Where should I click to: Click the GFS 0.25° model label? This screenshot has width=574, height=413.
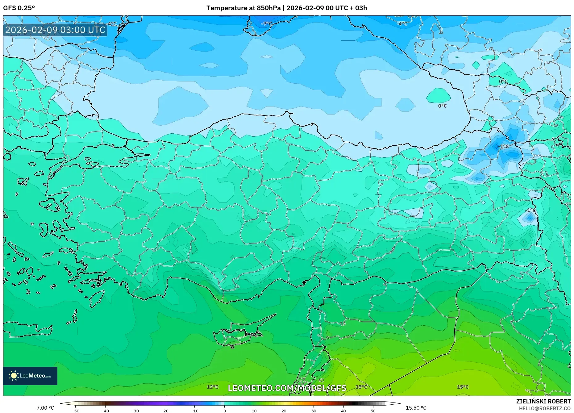click(x=19, y=8)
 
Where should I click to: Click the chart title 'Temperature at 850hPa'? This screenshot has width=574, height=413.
click(x=243, y=8)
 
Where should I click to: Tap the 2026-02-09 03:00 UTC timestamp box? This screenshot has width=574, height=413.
click(x=55, y=30)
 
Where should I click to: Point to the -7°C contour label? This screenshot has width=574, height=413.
click(x=267, y=24)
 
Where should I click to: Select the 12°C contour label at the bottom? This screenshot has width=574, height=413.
click(x=212, y=387)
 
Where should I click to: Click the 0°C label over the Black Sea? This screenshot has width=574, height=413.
click(x=442, y=106)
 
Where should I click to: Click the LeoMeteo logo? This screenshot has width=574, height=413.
click(x=30, y=376)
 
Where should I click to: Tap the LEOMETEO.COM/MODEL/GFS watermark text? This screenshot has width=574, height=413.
click(x=287, y=388)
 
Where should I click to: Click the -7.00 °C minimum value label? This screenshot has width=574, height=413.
click(x=44, y=408)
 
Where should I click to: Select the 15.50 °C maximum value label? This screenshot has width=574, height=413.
click(x=416, y=408)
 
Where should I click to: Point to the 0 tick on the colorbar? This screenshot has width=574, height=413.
click(x=224, y=411)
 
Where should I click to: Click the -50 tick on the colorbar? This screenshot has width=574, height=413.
click(x=75, y=411)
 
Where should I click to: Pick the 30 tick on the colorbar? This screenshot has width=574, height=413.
click(x=314, y=411)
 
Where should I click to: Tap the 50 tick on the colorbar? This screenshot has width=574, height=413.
click(x=373, y=411)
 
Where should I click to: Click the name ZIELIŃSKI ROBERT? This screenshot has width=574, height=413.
click(x=543, y=401)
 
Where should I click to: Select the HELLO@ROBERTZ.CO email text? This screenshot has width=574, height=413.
click(x=544, y=408)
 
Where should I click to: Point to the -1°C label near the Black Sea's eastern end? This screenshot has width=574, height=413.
click(x=503, y=146)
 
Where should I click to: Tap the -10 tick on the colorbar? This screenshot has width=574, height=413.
click(x=194, y=411)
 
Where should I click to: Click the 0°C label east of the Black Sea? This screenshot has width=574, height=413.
click(x=503, y=81)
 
